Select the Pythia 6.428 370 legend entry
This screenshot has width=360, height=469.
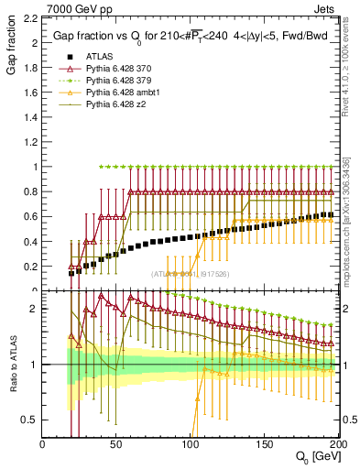tap(113, 82)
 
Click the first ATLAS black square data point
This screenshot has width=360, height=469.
tap(71, 273)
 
